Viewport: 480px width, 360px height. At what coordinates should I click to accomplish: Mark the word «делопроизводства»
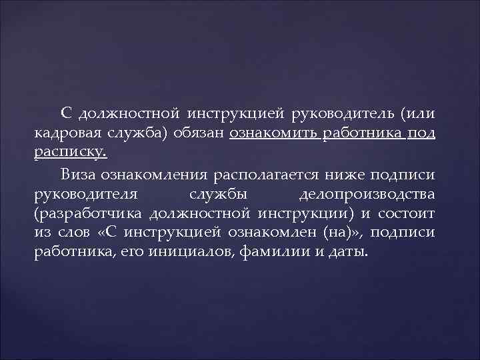click(x=367, y=194)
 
